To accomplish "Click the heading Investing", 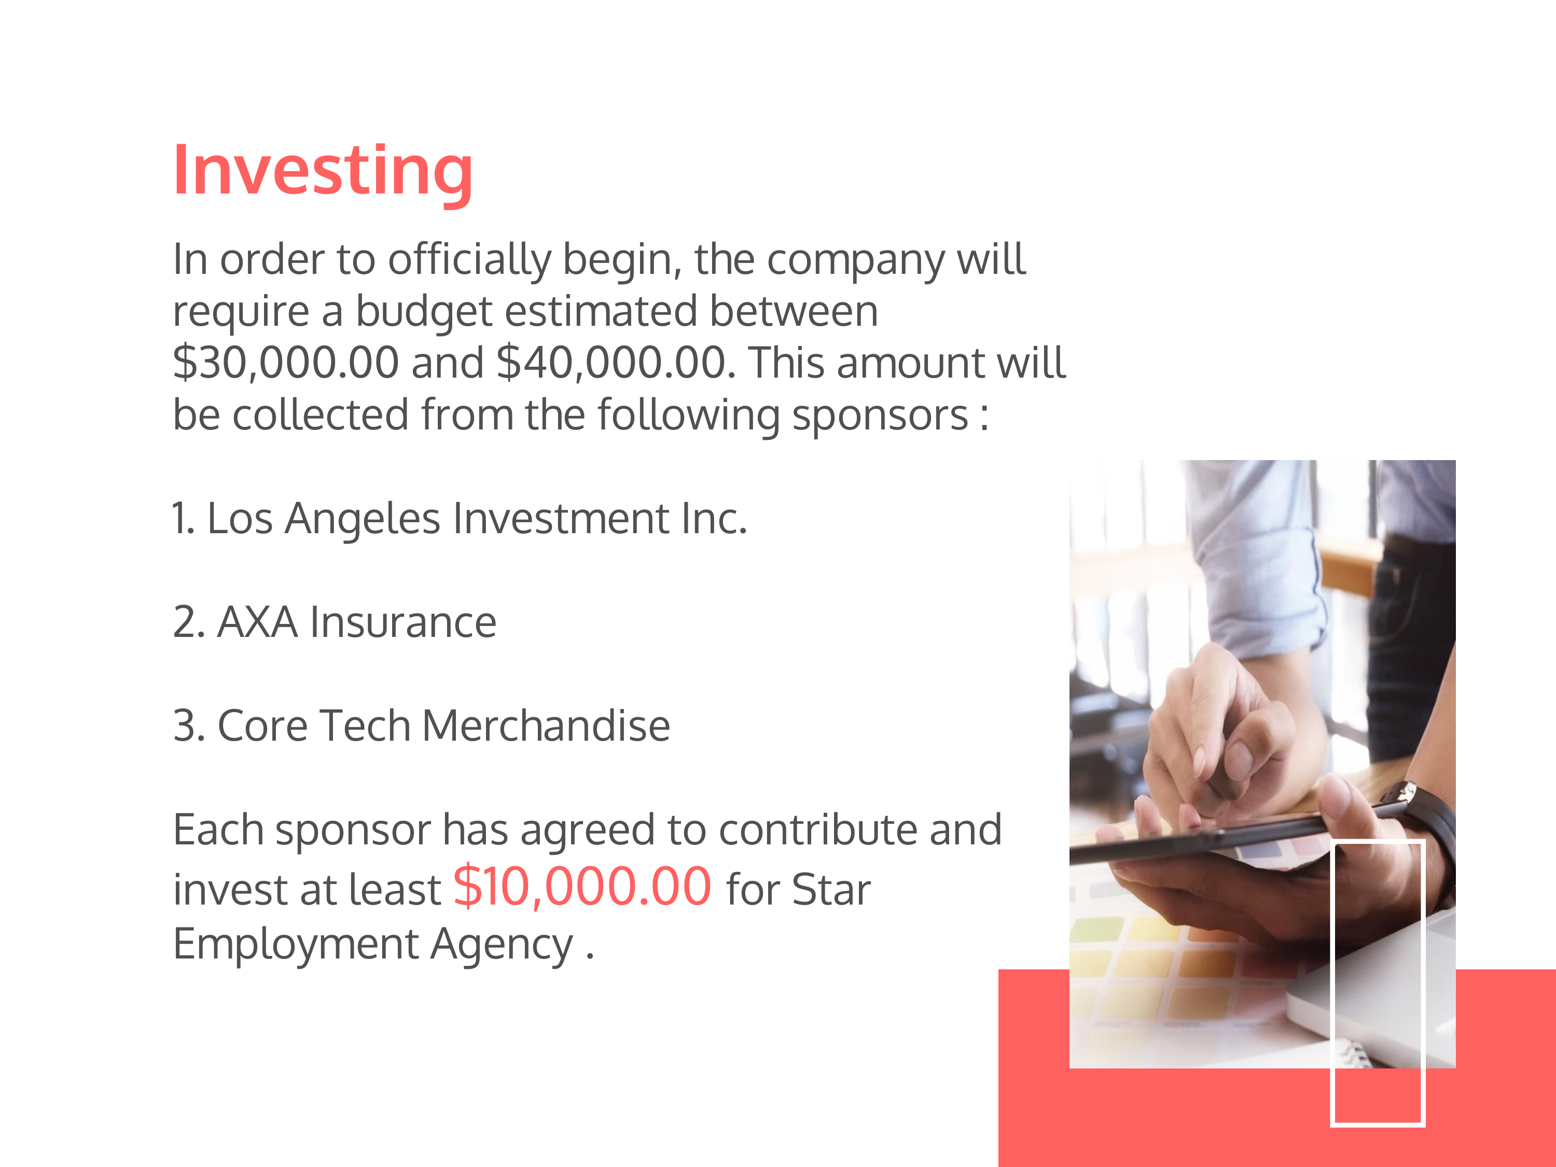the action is (323, 172).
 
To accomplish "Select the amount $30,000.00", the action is (286, 364).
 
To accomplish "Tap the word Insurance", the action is (403, 622).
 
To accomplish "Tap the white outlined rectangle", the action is (1333, 985).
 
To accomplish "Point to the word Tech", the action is (365, 726).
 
